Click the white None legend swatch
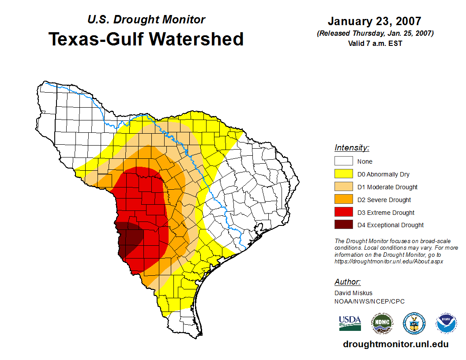(x=343, y=161)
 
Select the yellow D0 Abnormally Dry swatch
(x=343, y=174)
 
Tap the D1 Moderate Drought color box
(x=343, y=187)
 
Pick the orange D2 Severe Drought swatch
(x=343, y=200)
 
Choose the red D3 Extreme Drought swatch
(x=343, y=213)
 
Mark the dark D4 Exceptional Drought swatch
(x=343, y=225)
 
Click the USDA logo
(x=350, y=323)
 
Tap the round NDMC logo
(x=382, y=323)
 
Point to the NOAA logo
(x=446, y=323)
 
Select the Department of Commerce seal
(x=414, y=323)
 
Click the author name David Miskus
(x=353, y=293)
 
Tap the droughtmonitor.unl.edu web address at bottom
(x=396, y=345)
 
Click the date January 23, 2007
(x=374, y=21)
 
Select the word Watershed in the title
(x=196, y=39)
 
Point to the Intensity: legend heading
(x=352, y=148)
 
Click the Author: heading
(x=347, y=282)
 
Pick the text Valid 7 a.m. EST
(x=375, y=43)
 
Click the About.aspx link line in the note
(x=388, y=261)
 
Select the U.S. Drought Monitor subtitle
(x=146, y=19)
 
